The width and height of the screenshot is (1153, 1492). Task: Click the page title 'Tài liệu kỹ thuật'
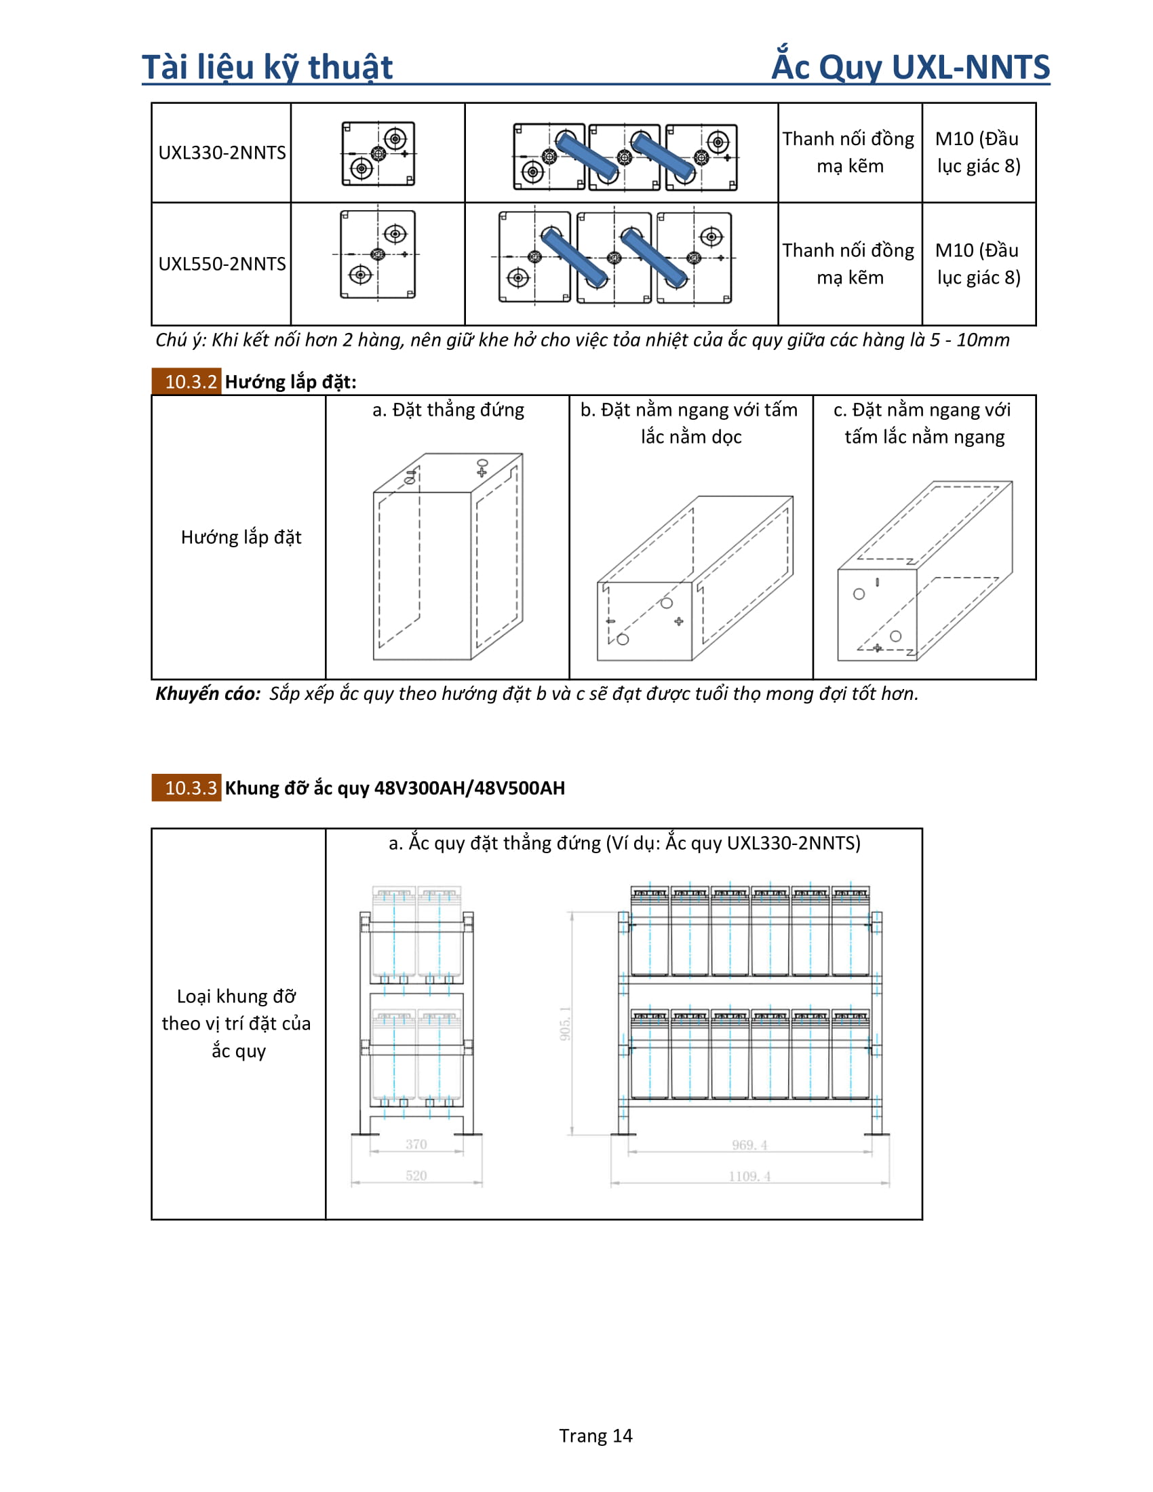pyautogui.click(x=267, y=67)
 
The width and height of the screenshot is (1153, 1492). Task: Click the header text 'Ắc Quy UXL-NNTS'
pyautogui.click(x=910, y=67)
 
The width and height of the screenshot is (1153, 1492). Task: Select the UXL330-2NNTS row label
pyautogui.click(x=222, y=153)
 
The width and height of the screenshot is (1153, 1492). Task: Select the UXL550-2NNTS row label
pyautogui.click(x=222, y=264)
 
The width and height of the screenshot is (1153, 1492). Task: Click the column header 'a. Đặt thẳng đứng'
pyautogui.click(x=448, y=410)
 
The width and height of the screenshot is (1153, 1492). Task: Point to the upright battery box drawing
pyautogui.click(x=448, y=557)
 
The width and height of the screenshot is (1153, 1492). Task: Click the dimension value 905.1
pyautogui.click(x=566, y=1023)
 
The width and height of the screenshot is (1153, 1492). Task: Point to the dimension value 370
pyautogui.click(x=416, y=1144)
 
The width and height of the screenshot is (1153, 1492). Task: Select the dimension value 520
pyautogui.click(x=416, y=1176)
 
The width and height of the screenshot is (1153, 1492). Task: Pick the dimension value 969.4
pyautogui.click(x=749, y=1145)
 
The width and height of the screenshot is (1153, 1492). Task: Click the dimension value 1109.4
pyautogui.click(x=749, y=1177)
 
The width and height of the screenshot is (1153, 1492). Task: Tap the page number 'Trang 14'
pyautogui.click(x=595, y=1436)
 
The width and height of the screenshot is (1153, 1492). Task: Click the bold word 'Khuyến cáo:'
pyautogui.click(x=208, y=693)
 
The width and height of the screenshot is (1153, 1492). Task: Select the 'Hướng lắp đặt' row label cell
pyautogui.click(x=241, y=537)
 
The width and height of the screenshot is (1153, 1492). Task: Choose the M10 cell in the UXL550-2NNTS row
pyautogui.click(x=978, y=264)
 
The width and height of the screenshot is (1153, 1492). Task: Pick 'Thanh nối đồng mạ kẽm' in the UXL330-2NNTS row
pyautogui.click(x=849, y=153)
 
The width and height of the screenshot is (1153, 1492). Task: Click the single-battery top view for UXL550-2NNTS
pyautogui.click(x=378, y=255)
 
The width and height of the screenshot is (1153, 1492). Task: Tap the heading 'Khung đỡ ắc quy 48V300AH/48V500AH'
pyautogui.click(x=395, y=787)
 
